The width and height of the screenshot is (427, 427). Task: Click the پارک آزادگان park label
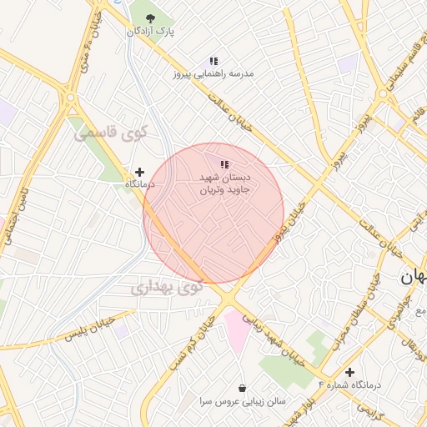(151, 32)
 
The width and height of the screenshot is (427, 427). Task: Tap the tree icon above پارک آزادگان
(150, 18)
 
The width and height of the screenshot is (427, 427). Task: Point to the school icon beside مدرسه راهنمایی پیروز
(213, 61)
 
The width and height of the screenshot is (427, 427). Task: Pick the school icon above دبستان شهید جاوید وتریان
(224, 164)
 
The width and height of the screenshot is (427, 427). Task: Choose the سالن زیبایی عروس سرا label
(242, 401)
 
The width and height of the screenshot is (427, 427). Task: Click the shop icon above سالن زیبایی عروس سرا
(242, 389)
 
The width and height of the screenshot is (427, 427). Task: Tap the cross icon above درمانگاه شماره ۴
(349, 372)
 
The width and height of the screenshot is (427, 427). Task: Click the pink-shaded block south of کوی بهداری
(236, 330)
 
